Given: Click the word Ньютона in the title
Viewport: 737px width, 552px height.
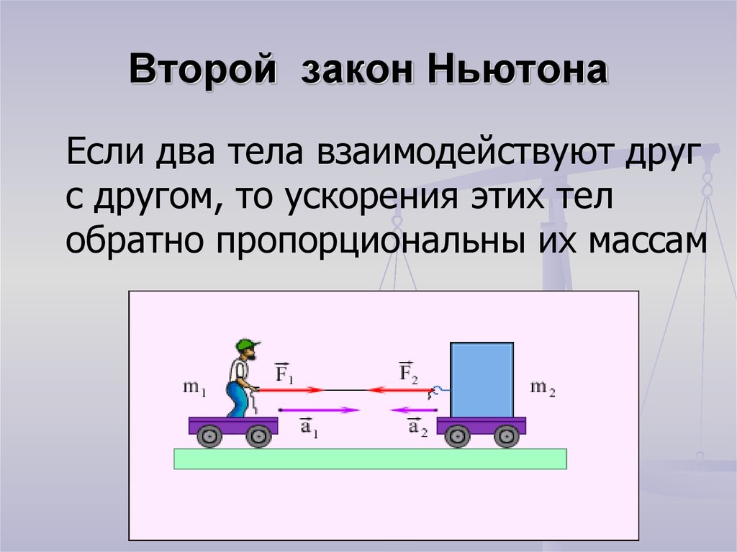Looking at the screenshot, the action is (517, 70).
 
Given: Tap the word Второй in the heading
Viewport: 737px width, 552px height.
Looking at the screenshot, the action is (202, 70).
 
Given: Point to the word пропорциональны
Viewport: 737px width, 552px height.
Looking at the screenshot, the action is (370, 241).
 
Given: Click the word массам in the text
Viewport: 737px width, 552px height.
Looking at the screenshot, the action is (647, 242).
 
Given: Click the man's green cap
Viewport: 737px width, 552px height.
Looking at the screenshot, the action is (248, 345).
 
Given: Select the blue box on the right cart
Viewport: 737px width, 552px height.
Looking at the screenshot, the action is (481, 380).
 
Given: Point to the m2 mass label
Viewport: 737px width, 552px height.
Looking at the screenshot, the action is (543, 388).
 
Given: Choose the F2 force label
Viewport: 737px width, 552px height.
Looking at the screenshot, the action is (409, 371).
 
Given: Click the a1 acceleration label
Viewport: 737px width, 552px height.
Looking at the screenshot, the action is (309, 427).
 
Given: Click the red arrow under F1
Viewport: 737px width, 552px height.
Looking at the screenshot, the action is (290, 390).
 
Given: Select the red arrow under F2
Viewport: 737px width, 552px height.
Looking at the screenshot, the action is (399, 390).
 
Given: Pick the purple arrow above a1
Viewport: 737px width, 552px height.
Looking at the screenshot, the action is (319, 410).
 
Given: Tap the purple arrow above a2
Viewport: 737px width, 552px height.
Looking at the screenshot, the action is (413, 410).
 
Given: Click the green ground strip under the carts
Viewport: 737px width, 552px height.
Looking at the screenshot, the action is (371, 459).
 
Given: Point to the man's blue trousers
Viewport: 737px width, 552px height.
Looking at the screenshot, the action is (238, 398).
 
